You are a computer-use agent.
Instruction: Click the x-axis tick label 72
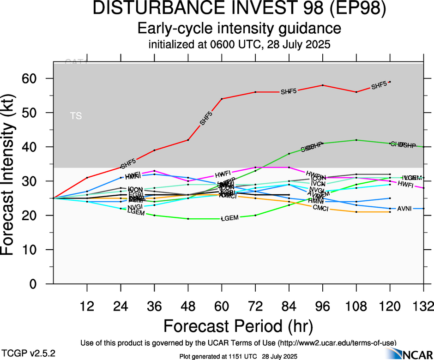pos(255,306)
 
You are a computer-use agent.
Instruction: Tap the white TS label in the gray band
pos(76,116)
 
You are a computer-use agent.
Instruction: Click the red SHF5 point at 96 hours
pos(322,85)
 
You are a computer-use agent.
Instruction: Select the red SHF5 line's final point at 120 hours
pos(390,82)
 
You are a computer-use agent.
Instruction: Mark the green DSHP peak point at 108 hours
pos(356,140)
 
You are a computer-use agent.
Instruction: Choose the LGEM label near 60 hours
pos(229,218)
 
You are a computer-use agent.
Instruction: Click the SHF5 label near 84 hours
pos(289,92)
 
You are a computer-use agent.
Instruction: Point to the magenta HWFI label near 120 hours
pos(405,184)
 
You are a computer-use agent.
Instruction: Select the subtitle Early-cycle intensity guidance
pos(239,29)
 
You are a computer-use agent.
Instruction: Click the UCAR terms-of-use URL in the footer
pos(337,343)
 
